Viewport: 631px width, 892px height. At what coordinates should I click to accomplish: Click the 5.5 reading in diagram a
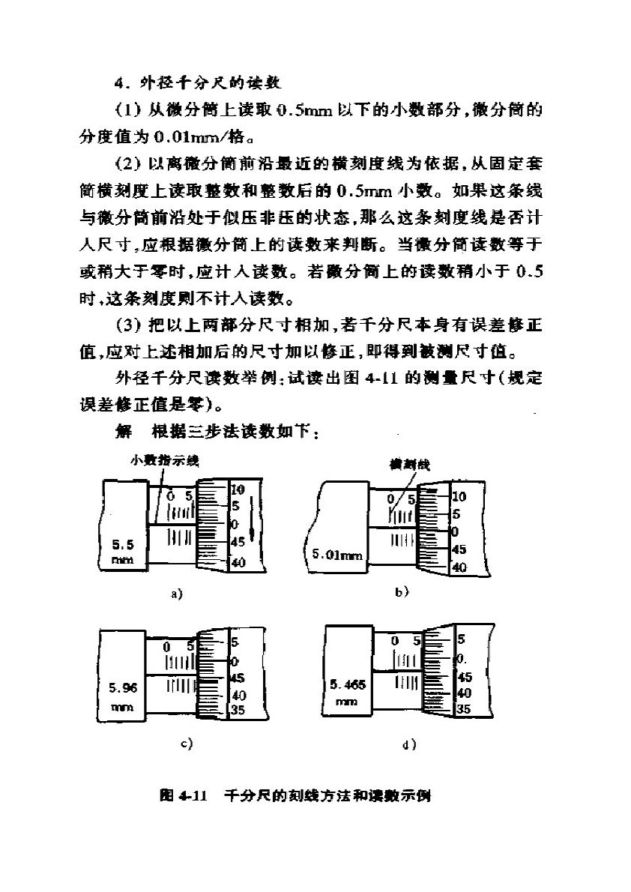pyautogui.click(x=123, y=544)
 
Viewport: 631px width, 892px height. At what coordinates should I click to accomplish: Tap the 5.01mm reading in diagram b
pyautogui.click(x=337, y=553)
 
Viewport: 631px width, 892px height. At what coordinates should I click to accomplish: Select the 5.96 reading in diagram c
pyautogui.click(x=123, y=688)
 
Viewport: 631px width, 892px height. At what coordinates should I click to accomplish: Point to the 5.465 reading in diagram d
pyautogui.click(x=348, y=684)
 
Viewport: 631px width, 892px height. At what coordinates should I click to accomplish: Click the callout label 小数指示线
pyautogui.click(x=164, y=460)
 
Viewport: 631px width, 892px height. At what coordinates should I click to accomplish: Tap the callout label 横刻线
pyautogui.click(x=410, y=465)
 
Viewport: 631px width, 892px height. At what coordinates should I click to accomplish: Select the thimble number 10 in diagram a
pyautogui.click(x=238, y=489)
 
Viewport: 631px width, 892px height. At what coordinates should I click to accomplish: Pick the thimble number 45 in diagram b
pyautogui.click(x=459, y=549)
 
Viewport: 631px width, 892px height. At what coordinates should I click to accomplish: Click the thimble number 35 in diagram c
pyautogui.click(x=238, y=710)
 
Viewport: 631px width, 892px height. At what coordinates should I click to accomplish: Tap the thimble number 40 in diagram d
pyautogui.click(x=465, y=693)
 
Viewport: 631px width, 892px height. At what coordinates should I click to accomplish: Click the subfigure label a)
pyautogui.click(x=177, y=594)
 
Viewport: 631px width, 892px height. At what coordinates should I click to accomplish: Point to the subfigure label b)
pyautogui.click(x=402, y=591)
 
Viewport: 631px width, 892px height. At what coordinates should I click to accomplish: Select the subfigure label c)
pyautogui.click(x=186, y=743)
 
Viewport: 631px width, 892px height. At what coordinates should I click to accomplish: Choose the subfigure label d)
pyautogui.click(x=409, y=744)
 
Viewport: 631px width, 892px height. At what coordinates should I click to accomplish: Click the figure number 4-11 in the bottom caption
pyautogui.click(x=193, y=795)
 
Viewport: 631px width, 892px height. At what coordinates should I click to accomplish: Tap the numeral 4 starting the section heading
pyautogui.click(x=119, y=84)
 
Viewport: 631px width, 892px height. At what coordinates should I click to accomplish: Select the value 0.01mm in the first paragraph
pyautogui.click(x=189, y=137)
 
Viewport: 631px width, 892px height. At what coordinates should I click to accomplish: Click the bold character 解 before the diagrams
pyautogui.click(x=124, y=432)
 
